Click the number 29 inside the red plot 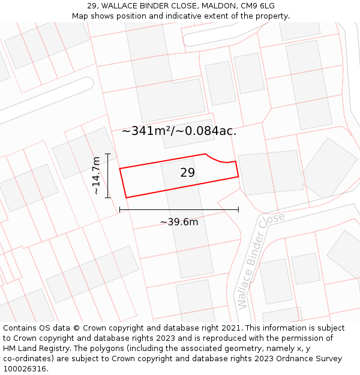point(187,173)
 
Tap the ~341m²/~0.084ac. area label point(179,131)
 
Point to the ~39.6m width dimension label point(179,222)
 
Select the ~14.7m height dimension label point(96,175)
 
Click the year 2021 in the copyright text point(228,328)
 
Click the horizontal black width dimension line point(179,209)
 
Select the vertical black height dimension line point(108,175)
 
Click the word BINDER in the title point(160,6)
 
